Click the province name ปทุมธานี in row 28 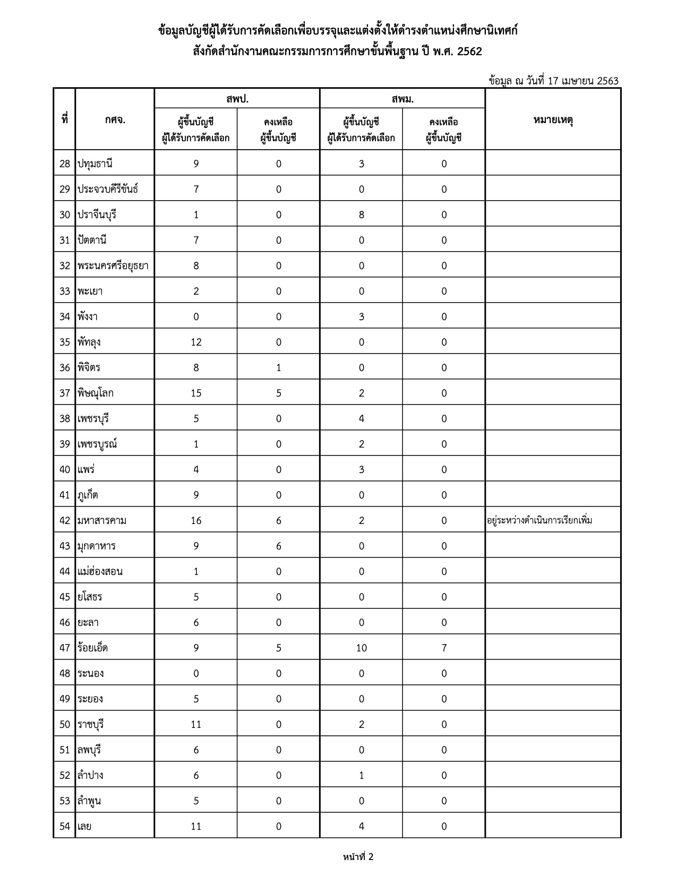tap(95, 164)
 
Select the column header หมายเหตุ tap(553, 119)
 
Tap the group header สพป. tap(237, 99)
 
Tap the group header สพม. tap(402, 99)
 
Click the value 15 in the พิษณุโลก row tap(196, 393)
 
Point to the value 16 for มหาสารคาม tap(196, 520)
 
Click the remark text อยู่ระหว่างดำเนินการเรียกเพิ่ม tap(539, 520)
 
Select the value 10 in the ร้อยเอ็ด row tap(361, 648)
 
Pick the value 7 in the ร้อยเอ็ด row tap(444, 648)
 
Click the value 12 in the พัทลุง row tap(196, 342)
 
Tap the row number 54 tap(65, 826)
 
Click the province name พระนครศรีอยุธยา tap(113, 265)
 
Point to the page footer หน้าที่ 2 tap(358, 856)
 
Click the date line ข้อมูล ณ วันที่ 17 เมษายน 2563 tap(554, 81)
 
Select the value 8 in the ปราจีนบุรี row tap(361, 214)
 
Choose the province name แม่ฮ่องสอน tap(100, 571)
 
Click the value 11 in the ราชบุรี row tap(196, 724)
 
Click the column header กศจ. tap(115, 119)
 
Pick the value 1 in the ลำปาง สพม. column tap(361, 775)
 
